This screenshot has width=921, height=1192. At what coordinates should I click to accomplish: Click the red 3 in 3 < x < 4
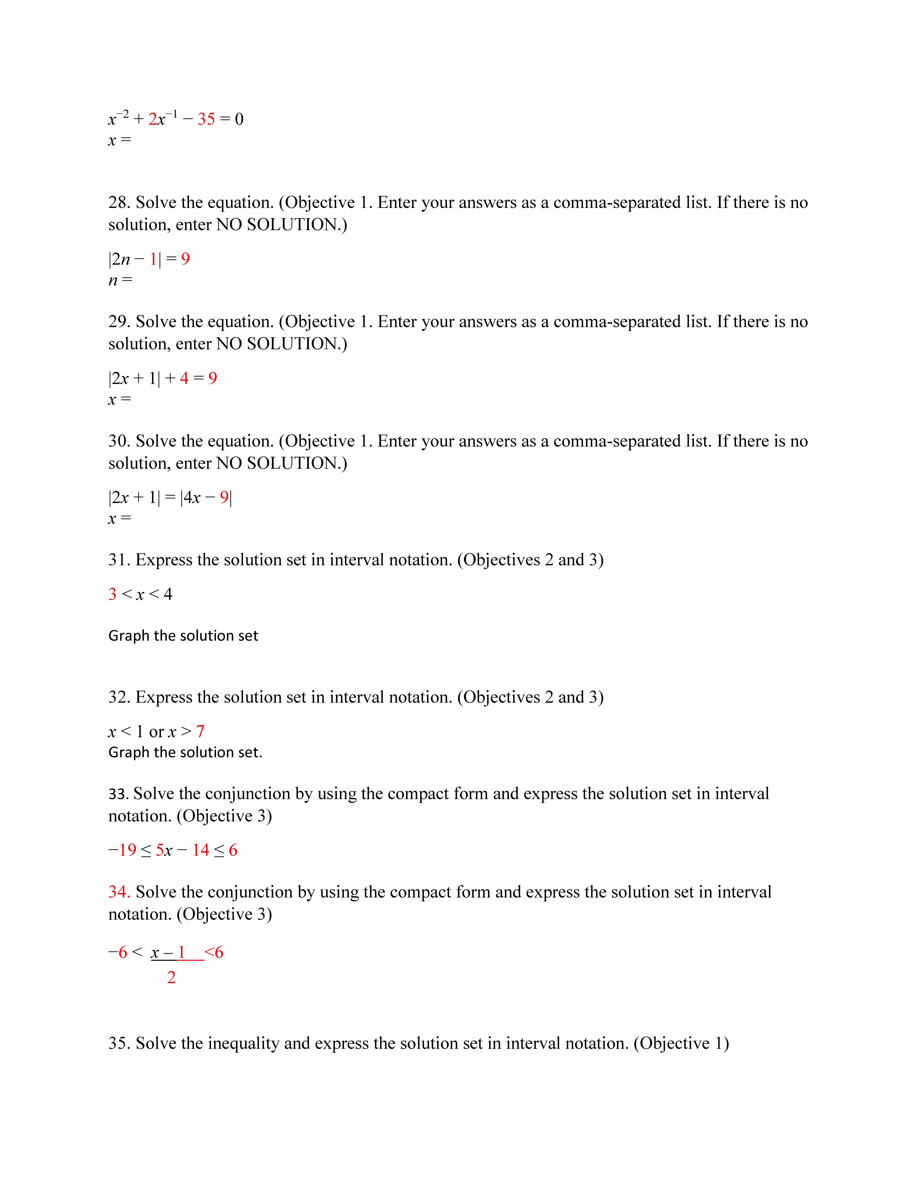(x=112, y=594)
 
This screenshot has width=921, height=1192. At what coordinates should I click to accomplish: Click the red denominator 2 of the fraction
(x=171, y=978)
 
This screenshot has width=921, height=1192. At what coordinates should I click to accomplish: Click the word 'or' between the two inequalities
(x=157, y=732)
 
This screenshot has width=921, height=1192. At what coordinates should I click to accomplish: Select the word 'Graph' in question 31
(x=129, y=636)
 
